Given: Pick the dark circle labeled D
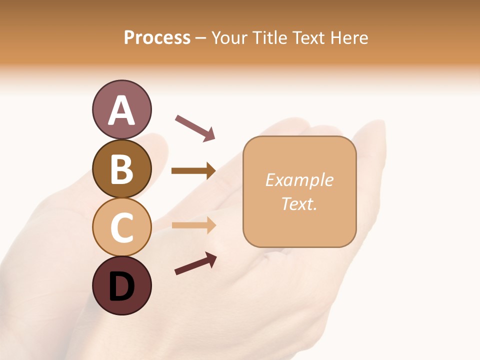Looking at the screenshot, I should [x=121, y=286].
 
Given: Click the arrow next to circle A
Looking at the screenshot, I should [x=195, y=127].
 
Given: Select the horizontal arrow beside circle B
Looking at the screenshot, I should [x=193, y=171].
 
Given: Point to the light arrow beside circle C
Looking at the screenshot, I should [x=193, y=225].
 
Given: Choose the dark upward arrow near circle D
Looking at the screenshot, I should [x=195, y=263].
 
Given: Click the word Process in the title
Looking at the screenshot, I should [x=157, y=37].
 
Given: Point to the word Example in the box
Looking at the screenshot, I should [x=299, y=180].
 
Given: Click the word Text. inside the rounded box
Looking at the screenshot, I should [x=299, y=203].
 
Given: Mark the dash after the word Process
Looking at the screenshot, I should [x=201, y=38].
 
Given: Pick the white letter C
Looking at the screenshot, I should [x=121, y=228].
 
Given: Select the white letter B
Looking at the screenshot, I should [x=121, y=169].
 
